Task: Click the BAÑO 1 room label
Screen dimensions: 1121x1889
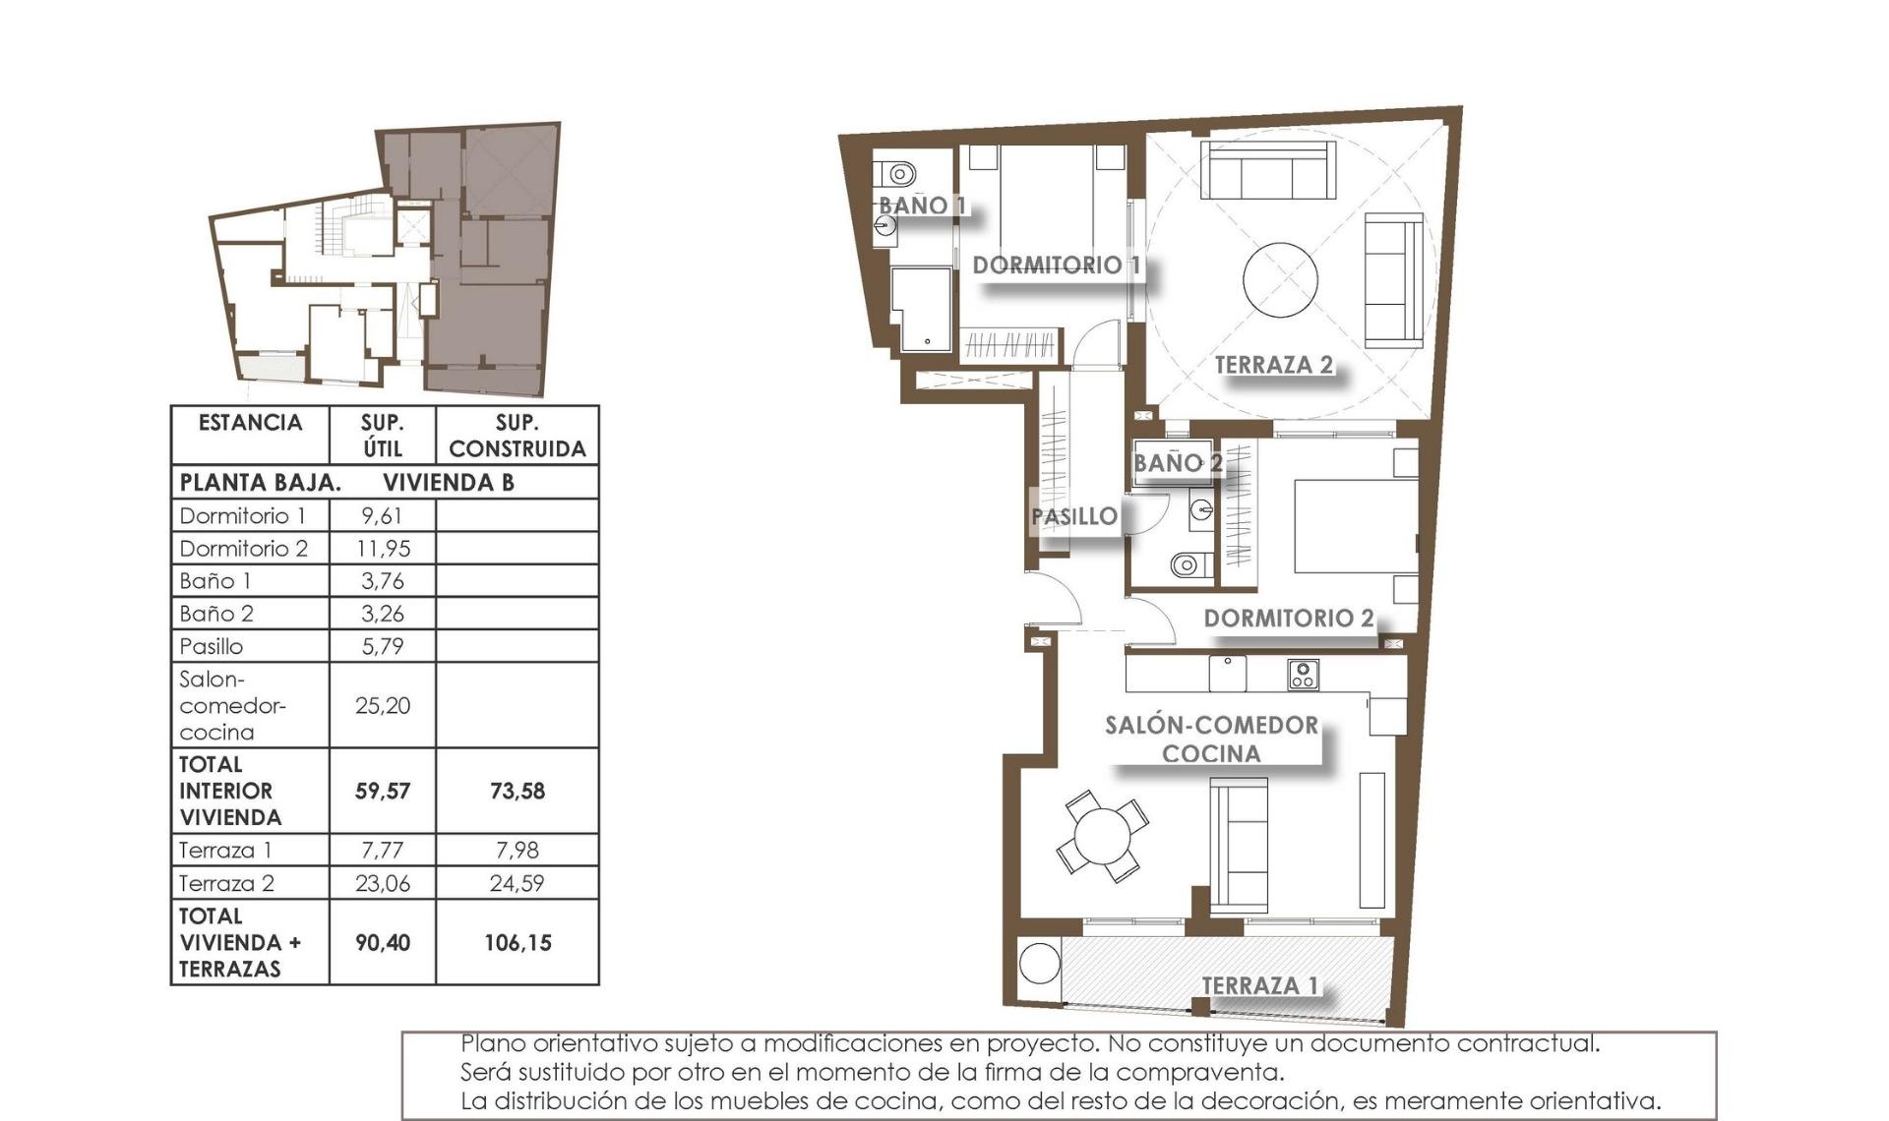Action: (922, 206)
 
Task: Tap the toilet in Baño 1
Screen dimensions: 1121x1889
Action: (897, 175)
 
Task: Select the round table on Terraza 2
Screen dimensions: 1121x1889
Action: (1279, 280)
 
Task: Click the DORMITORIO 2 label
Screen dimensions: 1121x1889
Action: (1288, 619)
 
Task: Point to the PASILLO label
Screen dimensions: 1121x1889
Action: (1074, 516)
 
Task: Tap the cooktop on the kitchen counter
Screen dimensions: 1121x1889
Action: (1303, 675)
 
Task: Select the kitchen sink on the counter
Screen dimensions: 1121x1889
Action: (1227, 674)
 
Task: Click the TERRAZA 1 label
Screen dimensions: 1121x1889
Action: (1259, 985)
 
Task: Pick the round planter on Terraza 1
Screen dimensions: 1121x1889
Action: (1039, 964)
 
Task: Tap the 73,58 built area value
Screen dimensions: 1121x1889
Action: (517, 792)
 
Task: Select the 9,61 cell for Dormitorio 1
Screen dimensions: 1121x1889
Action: (382, 516)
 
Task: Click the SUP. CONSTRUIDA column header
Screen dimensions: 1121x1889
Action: (517, 436)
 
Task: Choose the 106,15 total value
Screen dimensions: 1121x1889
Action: (517, 943)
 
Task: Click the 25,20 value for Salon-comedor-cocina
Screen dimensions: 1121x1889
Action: (382, 706)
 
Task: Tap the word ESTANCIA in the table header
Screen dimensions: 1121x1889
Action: (250, 423)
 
